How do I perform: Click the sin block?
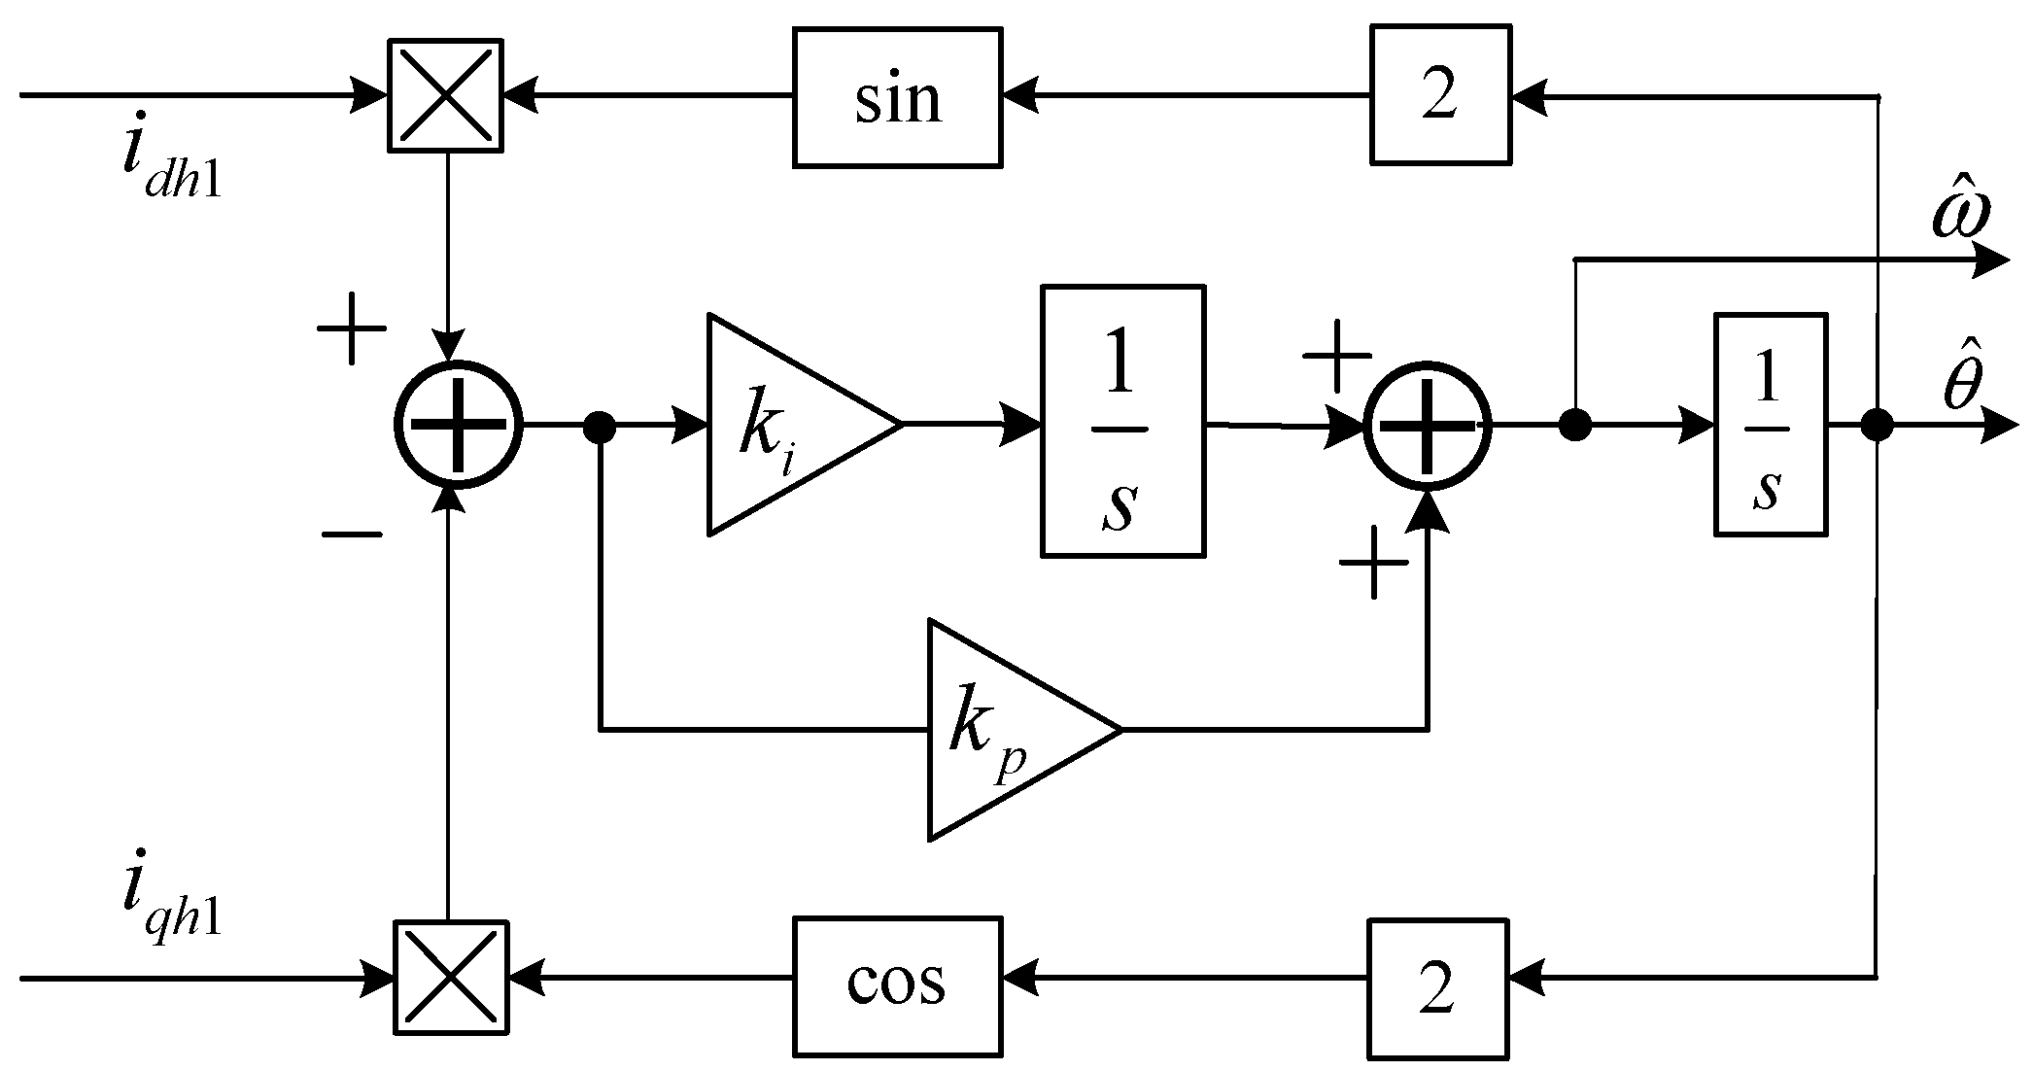(897, 97)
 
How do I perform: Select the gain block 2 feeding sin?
(1440, 94)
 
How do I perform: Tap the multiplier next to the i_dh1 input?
(445, 95)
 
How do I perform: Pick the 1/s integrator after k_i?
(1122, 421)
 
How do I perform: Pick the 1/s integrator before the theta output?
(1770, 424)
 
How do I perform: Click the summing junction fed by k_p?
(1427, 425)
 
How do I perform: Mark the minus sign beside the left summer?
(352, 534)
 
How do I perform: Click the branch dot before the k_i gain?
(601, 425)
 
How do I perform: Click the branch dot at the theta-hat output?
(1877, 425)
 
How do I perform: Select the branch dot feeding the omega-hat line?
(1574, 425)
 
